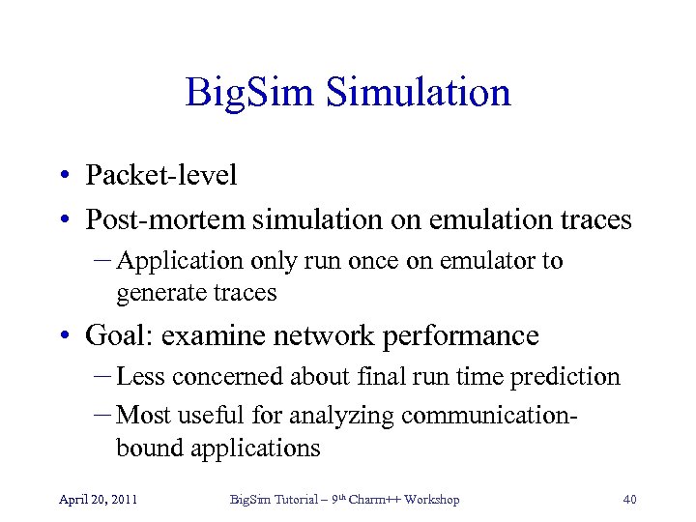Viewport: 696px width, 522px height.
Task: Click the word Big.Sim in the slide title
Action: [246, 94]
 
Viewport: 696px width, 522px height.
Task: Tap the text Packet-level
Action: [160, 175]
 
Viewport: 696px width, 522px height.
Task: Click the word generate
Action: [157, 291]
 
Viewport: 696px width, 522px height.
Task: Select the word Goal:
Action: [120, 335]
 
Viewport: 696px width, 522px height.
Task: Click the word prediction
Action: [565, 377]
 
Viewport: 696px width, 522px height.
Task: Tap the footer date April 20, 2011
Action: [98, 500]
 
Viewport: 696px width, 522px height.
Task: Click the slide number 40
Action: [629, 500]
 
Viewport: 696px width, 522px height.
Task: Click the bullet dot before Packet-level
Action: [62, 176]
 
